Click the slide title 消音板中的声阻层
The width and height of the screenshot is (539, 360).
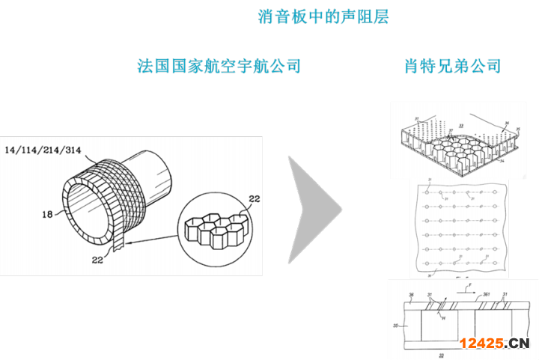[x=323, y=16]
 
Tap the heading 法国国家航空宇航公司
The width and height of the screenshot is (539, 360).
[x=219, y=66]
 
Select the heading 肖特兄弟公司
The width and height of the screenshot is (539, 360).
[x=451, y=66]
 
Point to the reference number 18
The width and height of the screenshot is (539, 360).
[x=47, y=213]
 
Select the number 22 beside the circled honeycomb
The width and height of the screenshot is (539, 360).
[x=254, y=198]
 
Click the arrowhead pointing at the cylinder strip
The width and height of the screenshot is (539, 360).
[x=129, y=242]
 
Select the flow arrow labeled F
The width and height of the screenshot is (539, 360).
[x=466, y=287]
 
